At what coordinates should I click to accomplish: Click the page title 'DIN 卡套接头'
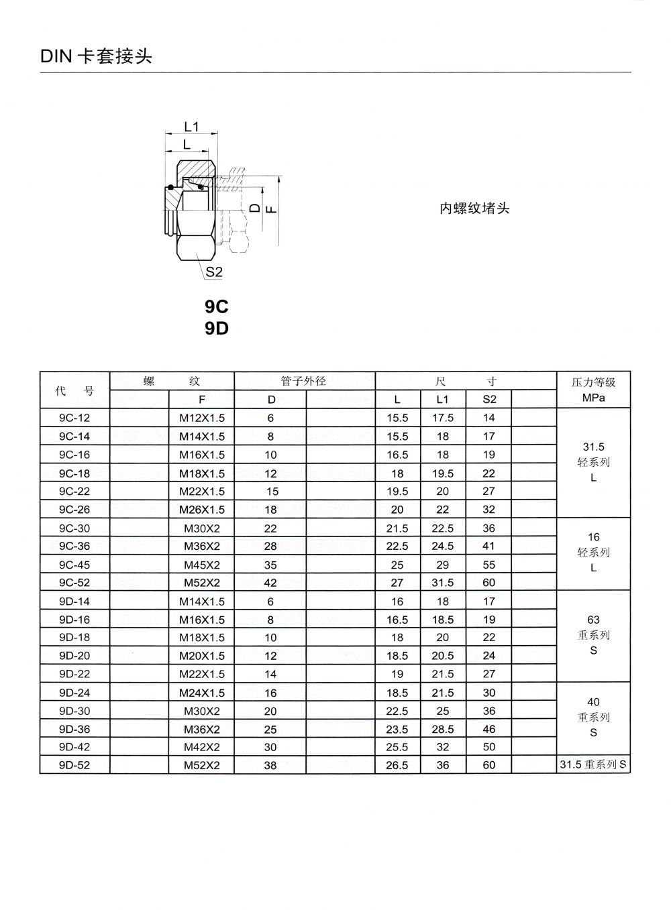point(97,56)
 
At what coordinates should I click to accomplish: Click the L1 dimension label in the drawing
point(191,127)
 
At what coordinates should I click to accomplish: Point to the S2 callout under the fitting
point(214,272)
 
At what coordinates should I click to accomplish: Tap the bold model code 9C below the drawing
point(217,306)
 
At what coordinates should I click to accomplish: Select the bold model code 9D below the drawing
point(217,329)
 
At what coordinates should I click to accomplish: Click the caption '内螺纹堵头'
point(474,209)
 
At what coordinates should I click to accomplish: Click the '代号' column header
point(74,390)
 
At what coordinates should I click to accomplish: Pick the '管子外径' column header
point(303,381)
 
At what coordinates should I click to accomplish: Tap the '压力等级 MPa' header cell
point(593,390)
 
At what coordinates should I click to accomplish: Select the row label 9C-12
point(74,418)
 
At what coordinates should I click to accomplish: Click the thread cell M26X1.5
point(202,510)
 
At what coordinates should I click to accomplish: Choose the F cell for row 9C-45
point(202,565)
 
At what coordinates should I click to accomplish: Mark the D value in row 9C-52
point(270,583)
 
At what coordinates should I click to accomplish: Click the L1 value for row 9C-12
point(443,418)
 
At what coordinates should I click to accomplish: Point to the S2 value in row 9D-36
point(489,729)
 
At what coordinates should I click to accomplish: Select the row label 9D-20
point(74,656)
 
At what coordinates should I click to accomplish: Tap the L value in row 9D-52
point(397,765)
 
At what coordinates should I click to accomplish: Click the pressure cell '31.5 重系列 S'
point(593,764)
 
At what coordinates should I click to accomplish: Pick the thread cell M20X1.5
point(202,656)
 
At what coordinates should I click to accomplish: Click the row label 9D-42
point(74,747)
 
